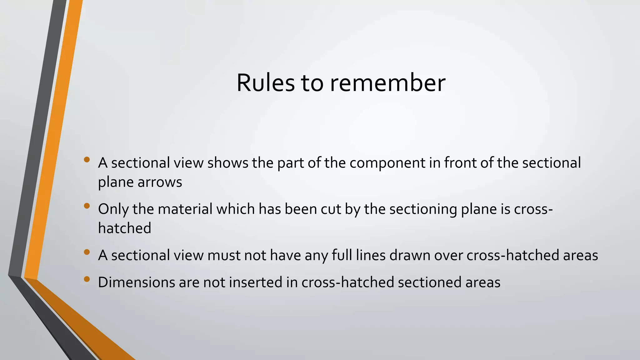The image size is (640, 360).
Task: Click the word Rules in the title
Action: (x=265, y=83)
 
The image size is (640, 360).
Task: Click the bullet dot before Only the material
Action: (x=87, y=206)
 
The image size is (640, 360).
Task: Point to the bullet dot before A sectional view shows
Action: (x=87, y=160)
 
